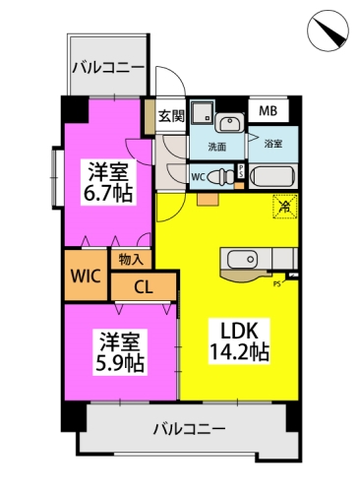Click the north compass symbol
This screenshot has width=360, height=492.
328,31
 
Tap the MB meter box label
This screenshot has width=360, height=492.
268,111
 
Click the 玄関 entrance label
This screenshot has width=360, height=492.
171,116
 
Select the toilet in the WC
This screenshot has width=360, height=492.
221,177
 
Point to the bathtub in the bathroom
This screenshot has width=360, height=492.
271,176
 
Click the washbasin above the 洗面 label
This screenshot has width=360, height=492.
229,124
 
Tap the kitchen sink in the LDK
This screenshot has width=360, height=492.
242,259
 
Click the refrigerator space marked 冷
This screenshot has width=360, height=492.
285,206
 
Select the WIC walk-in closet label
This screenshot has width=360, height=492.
86,276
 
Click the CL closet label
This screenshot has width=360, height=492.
144,287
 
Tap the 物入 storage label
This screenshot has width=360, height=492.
131,260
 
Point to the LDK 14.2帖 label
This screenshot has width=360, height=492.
239,341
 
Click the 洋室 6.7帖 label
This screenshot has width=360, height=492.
108,182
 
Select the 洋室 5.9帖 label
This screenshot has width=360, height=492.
120,352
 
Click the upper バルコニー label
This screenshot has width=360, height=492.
108,68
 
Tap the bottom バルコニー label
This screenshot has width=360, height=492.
190,429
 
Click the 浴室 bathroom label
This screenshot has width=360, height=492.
273,144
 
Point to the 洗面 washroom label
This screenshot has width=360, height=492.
217,147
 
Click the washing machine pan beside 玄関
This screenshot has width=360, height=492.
203,112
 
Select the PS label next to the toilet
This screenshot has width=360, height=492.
241,171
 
